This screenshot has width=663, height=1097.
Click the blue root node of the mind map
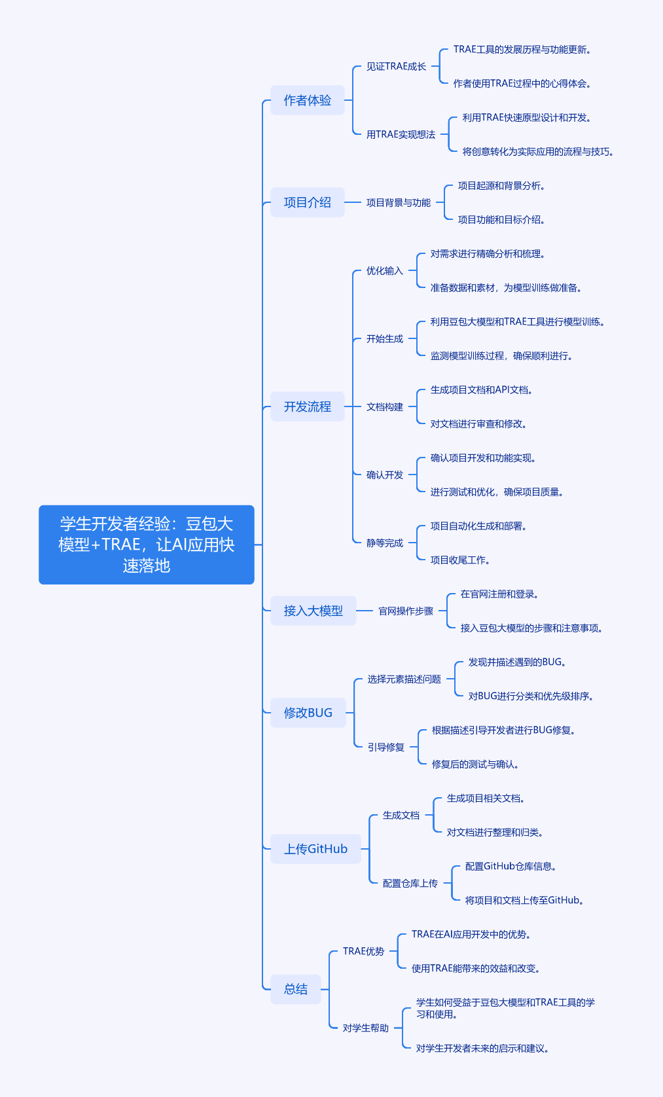[146, 544]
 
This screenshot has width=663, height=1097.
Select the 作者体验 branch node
[307, 100]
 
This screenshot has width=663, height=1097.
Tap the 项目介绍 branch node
[307, 202]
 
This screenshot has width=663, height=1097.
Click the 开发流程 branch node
[307, 406]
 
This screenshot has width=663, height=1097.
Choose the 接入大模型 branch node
[313, 611]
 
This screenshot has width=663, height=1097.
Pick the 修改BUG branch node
[308, 713]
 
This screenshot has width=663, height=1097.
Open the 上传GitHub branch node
[315, 849]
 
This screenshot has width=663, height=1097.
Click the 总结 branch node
[296, 989]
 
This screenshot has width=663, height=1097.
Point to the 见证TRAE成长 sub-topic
[396, 66]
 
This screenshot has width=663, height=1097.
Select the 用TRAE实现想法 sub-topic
[401, 134]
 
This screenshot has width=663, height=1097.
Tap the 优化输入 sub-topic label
[384, 270]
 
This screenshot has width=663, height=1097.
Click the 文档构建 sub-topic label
[384, 406]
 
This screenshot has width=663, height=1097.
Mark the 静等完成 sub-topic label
[384, 543]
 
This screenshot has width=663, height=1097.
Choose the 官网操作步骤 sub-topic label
[406, 611]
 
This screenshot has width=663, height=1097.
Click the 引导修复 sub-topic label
[385, 747]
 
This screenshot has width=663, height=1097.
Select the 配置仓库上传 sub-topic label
[410, 883]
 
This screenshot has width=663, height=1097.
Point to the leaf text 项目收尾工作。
[460, 560]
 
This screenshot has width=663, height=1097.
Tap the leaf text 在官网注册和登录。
[499, 594]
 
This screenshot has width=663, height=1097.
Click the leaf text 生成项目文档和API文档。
[481, 389]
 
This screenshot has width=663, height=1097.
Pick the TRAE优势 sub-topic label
[363, 951]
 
